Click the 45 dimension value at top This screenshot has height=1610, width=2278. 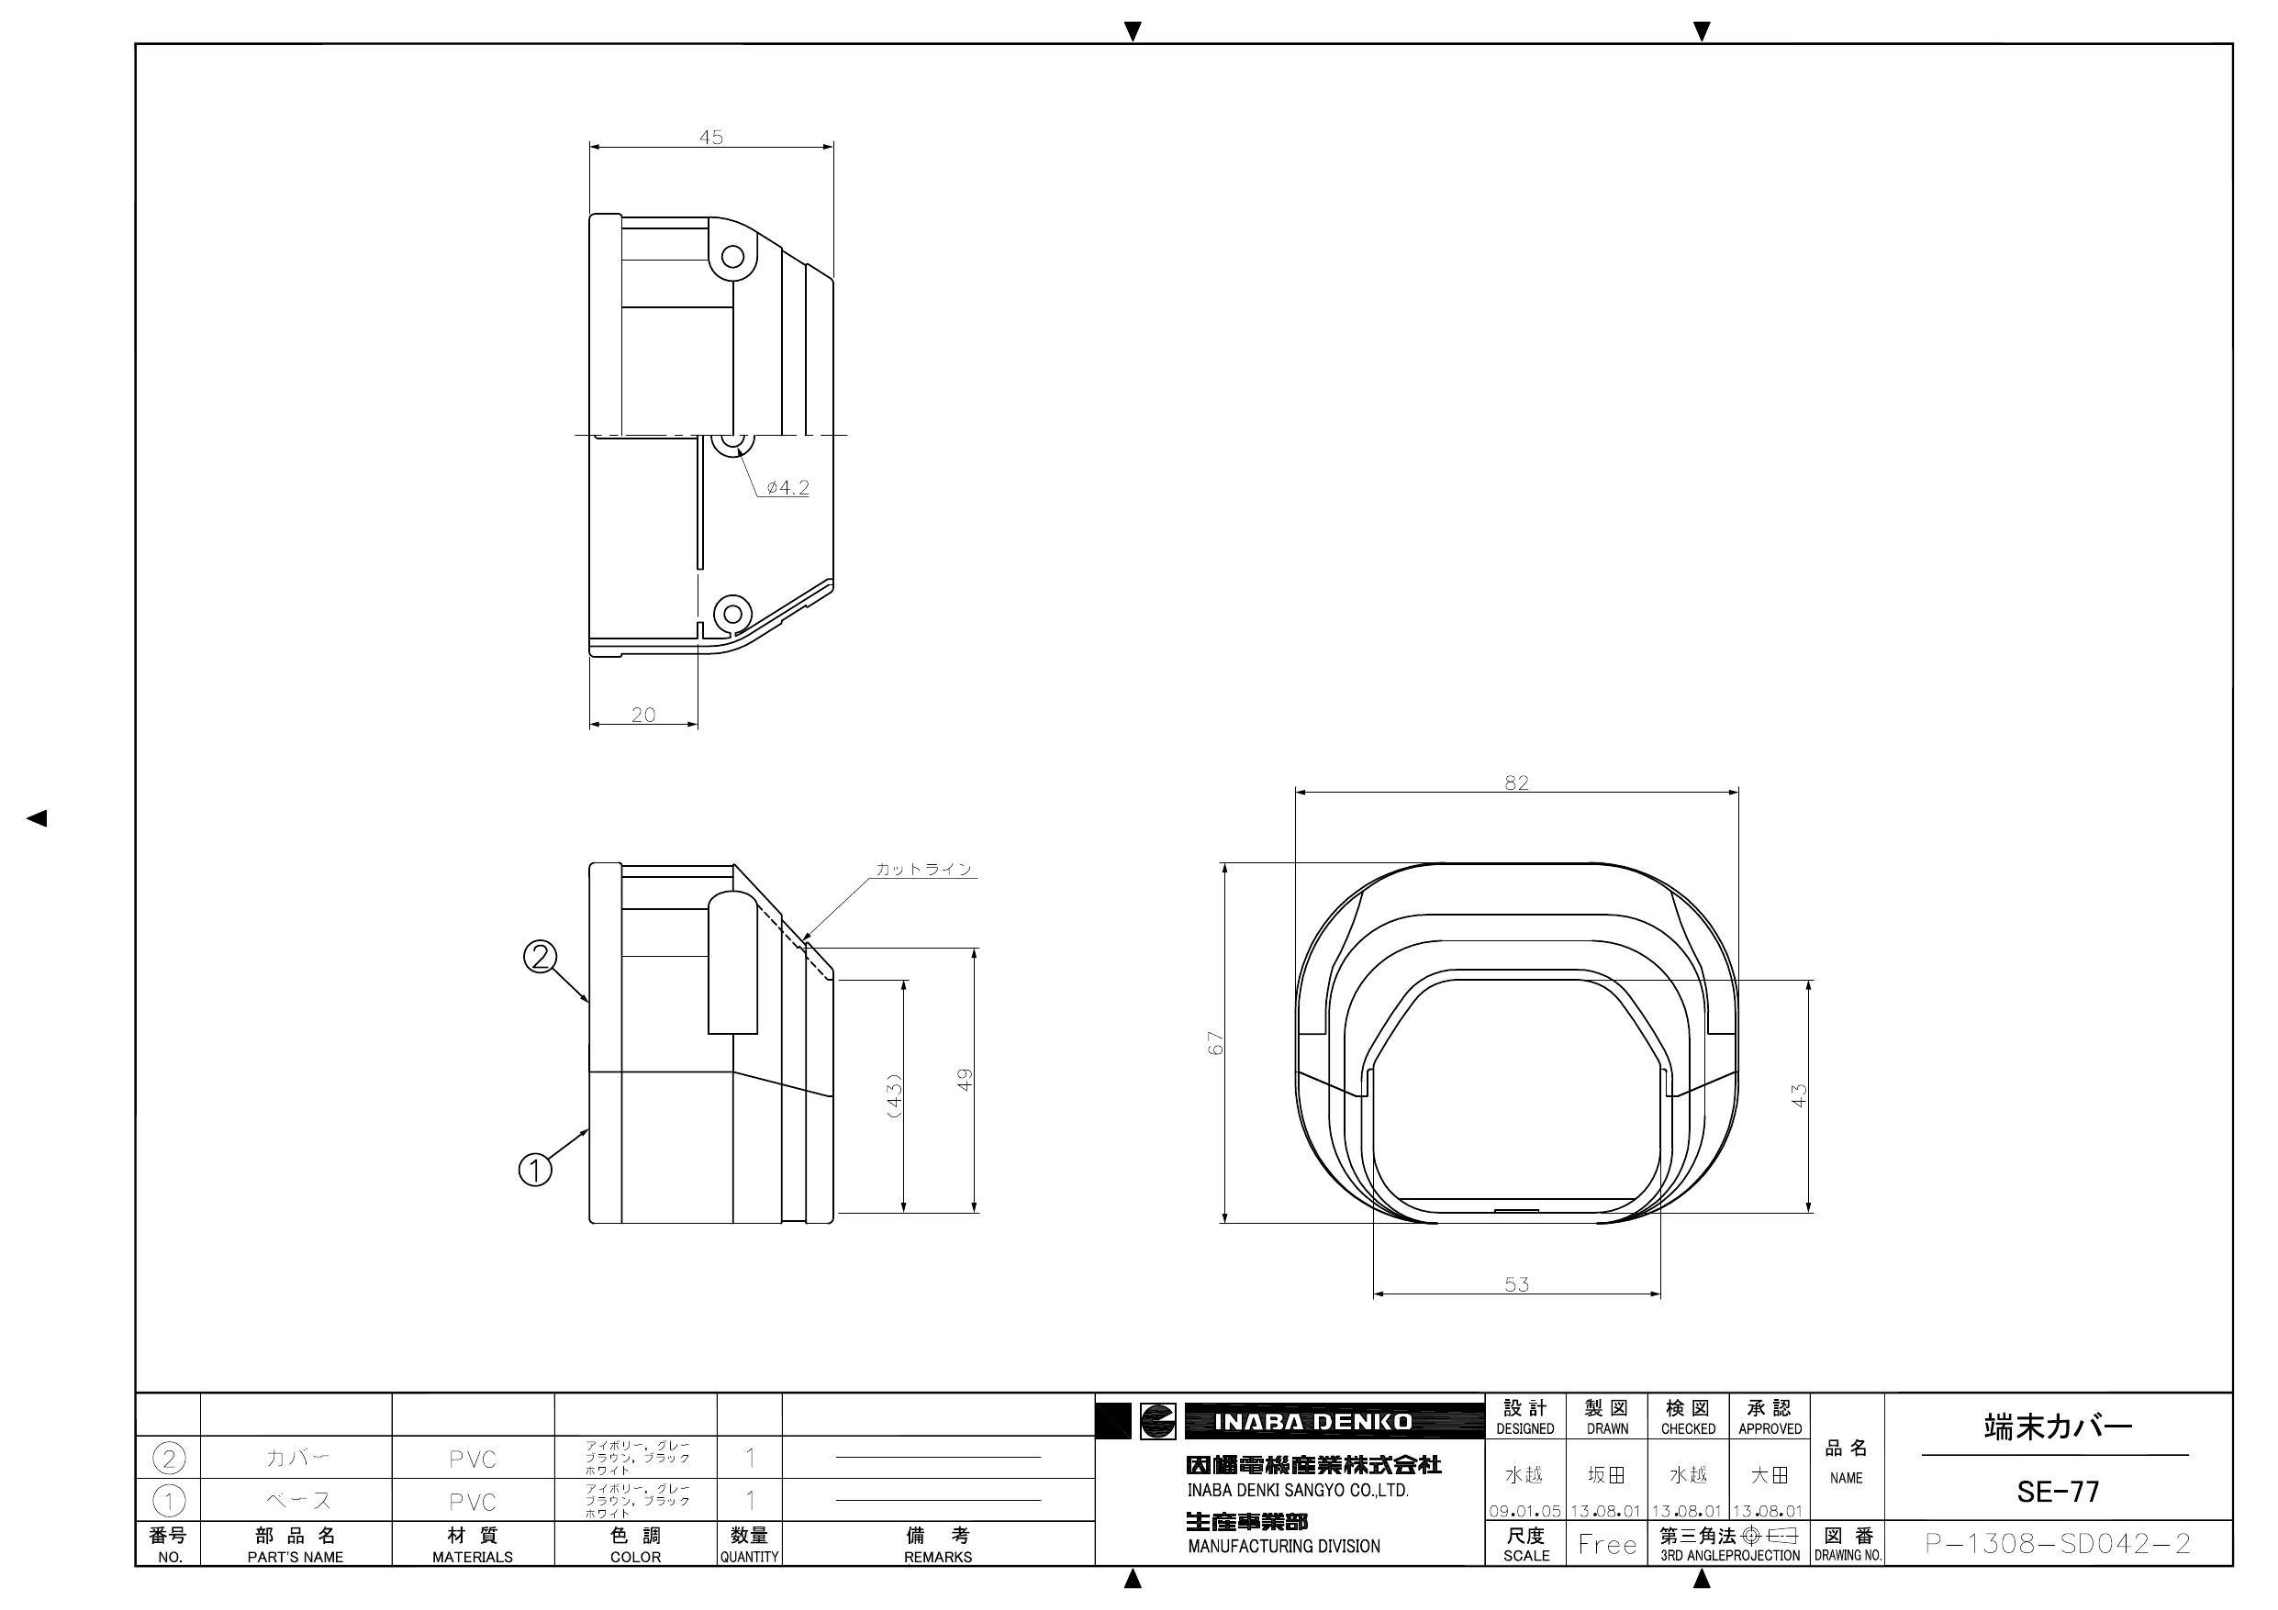(711, 137)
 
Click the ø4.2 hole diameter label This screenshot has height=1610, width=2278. (787, 487)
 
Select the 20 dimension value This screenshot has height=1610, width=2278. (642, 715)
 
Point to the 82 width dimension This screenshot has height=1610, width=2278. (1516, 783)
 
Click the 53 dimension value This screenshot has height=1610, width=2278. (1517, 1283)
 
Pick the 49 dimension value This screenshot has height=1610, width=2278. (965, 1079)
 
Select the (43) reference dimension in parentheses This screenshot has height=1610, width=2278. (894, 1096)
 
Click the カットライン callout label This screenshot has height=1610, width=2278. (923, 869)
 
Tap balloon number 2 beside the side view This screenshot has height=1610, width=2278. (540, 956)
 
